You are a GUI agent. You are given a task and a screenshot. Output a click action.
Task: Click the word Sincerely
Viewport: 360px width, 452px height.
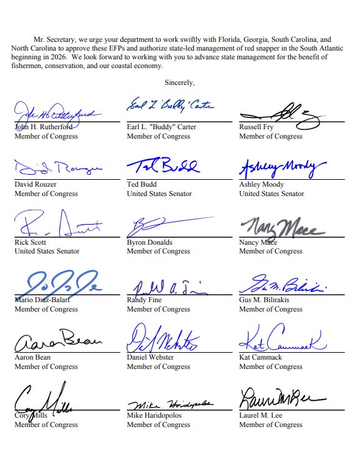(180, 82)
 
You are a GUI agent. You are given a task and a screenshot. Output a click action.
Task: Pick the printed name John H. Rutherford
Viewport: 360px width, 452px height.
(44, 127)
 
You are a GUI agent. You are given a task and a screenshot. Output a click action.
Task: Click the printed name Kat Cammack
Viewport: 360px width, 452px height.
(260, 358)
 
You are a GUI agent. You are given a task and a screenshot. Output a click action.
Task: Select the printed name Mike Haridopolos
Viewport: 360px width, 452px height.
(158, 415)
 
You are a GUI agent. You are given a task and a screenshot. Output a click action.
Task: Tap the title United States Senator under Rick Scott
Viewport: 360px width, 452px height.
(47, 252)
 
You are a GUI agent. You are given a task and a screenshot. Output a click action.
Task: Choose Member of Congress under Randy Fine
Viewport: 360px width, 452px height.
(158, 310)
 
